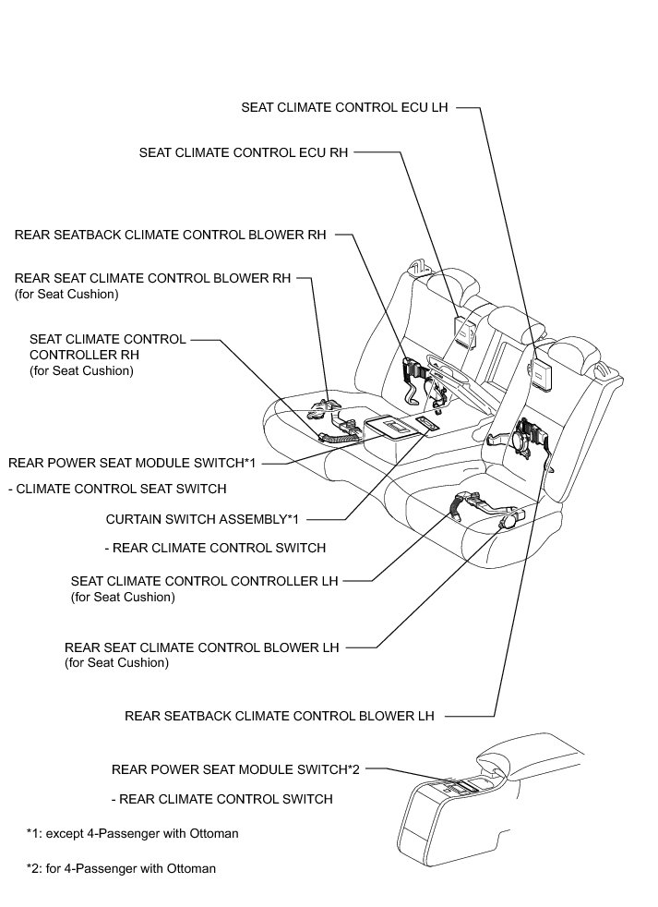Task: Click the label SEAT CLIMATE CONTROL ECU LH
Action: pos(344,107)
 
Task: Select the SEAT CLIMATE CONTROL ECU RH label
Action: pos(244,152)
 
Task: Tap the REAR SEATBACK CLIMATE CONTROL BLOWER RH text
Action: pos(171,235)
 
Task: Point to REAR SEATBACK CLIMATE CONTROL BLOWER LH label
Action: pos(279,716)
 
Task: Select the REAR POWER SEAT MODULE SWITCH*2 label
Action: pos(234,768)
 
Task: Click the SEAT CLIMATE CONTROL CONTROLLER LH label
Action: pos(204,581)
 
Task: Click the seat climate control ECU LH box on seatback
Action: pos(540,370)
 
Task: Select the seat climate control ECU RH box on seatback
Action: pos(463,328)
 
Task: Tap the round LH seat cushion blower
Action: pos(507,522)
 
